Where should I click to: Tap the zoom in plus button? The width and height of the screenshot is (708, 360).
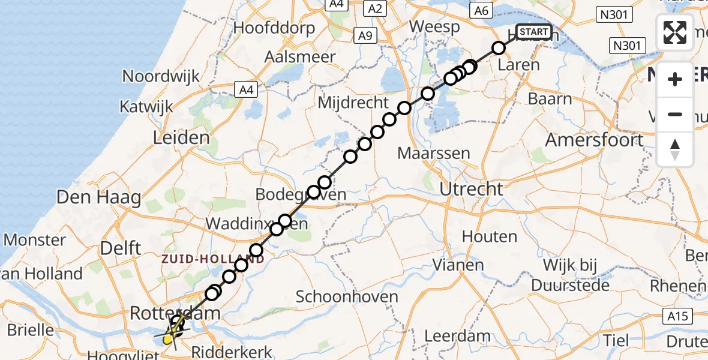(675, 79)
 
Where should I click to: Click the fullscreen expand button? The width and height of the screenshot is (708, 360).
(675, 32)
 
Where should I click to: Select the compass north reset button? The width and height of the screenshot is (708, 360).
(675, 149)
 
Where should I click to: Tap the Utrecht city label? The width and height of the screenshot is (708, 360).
(471, 189)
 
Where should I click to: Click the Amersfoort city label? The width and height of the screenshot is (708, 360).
(594, 140)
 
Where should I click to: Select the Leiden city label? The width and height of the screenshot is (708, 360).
(181, 138)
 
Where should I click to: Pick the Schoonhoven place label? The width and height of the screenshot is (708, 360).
(347, 296)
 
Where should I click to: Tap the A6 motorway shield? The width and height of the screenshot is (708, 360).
(481, 10)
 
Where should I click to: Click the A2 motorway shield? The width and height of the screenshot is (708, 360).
(375, 8)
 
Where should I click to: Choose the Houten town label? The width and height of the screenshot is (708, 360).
(490, 236)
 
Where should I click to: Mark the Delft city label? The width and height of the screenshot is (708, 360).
(121, 248)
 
